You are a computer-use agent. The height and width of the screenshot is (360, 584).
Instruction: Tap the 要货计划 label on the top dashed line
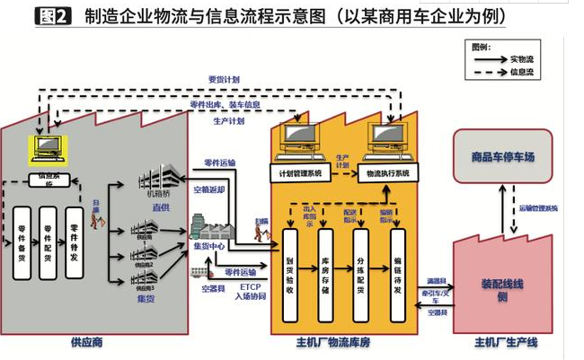pos(224,80)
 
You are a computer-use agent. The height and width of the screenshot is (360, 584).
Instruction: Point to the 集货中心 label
pos(210,245)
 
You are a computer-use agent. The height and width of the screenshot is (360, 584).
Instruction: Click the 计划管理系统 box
pos(301,172)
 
